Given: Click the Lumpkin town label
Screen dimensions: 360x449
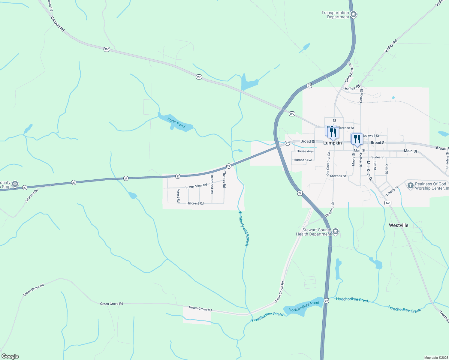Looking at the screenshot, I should coord(332,143).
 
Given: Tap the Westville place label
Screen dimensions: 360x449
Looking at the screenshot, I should coord(398,225).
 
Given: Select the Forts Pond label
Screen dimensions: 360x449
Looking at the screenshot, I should coord(176,123).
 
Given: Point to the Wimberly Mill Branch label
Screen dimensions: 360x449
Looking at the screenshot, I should coord(243,228).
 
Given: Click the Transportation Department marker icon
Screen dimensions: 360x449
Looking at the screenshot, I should coord(354,14).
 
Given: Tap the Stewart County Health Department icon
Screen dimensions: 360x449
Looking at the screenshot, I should coord(336,231).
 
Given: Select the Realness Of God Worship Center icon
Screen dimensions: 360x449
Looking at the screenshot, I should coord(410,186).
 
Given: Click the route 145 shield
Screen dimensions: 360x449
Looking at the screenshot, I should coord(388,203).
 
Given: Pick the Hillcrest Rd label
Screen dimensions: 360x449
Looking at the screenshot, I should coord(195,203).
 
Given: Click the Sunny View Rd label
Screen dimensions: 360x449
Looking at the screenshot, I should coord(196,186).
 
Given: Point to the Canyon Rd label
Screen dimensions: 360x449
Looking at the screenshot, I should coord(57,24).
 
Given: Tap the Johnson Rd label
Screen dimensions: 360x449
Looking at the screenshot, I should coord(32,196).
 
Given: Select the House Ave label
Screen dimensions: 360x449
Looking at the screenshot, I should coord(305,151).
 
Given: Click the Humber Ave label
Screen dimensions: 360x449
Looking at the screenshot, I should coord(303,160).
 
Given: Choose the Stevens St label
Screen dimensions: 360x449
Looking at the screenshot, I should coord(338,176).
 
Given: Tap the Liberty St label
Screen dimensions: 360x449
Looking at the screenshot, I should coord(392,191).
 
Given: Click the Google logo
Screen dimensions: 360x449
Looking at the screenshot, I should coord(10,356).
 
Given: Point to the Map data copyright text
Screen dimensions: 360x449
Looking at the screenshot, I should coord(435,358).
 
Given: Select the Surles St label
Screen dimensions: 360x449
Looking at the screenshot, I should coord(378,157).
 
